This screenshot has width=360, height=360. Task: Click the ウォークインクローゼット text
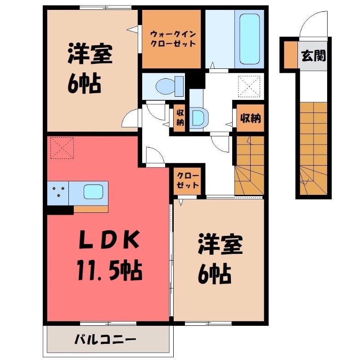tap(172, 38)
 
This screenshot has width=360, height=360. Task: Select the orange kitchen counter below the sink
tap(90, 209)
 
